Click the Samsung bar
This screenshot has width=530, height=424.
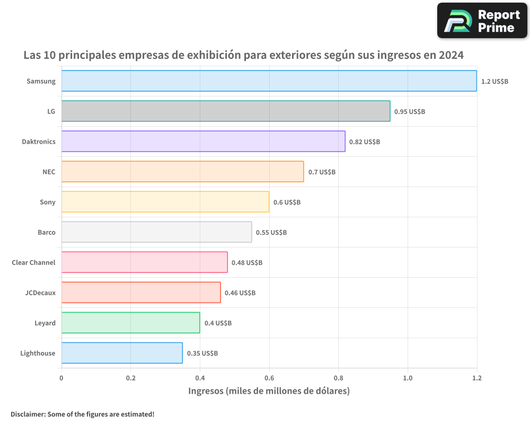269,81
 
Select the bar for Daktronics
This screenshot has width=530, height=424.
203,142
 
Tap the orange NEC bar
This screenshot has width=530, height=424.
182,172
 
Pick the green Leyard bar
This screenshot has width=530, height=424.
130,323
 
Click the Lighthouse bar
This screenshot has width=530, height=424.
122,353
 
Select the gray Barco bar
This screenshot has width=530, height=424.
156,232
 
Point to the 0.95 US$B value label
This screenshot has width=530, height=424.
409,112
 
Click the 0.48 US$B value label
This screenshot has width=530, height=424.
246,263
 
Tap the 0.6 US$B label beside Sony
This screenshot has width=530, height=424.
287,202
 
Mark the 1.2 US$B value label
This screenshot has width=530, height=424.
494,82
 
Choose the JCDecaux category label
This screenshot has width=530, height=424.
40,293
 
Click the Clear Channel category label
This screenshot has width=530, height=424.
33,262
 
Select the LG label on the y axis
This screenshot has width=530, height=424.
51,111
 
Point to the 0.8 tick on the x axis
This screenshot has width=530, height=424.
339,378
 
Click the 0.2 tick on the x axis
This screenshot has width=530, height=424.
131,378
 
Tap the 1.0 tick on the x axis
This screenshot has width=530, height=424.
408,378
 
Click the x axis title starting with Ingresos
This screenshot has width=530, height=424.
269,391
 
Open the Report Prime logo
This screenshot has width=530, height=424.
482,21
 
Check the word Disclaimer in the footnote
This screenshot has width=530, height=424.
27,414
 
